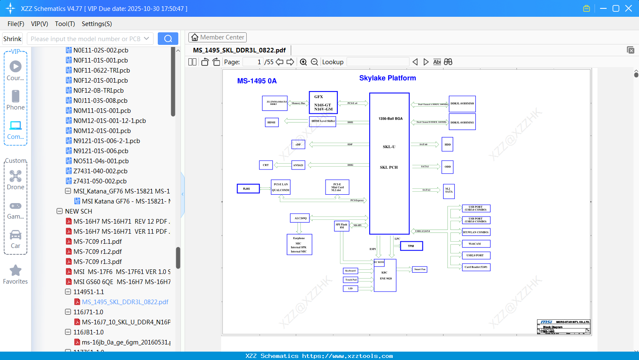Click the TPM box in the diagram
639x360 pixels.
[x=411, y=246]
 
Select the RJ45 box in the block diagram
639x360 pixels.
[x=248, y=189]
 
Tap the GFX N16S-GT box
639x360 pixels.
[x=323, y=103]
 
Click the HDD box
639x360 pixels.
[x=448, y=144]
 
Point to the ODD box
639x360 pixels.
[x=448, y=167]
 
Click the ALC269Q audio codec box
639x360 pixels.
[x=300, y=218]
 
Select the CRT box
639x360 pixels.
[x=266, y=165]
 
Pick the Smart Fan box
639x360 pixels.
[x=420, y=269]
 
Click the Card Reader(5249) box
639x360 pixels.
[x=476, y=267]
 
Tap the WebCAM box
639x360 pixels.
[x=476, y=244]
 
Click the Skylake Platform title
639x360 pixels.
[x=387, y=78]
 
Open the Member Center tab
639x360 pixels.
[x=217, y=37]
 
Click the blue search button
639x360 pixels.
[x=168, y=39]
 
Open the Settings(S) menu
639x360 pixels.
[x=97, y=24]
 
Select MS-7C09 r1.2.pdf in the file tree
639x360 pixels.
[x=97, y=252]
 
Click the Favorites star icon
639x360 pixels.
[x=16, y=271]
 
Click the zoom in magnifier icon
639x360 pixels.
[x=303, y=62]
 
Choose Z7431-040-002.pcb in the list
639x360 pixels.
[x=100, y=171]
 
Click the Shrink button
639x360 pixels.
[x=13, y=39]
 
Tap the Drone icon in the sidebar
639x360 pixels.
[x=16, y=176]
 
